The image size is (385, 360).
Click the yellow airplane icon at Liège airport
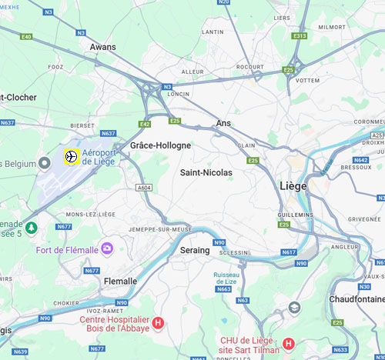[71, 157]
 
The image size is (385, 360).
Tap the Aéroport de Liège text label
[98, 157]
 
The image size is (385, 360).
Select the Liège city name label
[292, 186]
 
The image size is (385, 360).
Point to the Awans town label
[102, 47]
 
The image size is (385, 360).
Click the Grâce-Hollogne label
[160, 145]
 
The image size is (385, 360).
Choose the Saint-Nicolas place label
[206, 173]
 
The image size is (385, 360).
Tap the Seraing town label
[194, 250]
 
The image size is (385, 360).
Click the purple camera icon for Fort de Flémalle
[106, 248]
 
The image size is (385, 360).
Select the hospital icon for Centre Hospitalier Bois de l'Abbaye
[158, 324]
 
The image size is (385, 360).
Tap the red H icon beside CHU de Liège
[288, 343]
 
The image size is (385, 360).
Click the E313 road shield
[300, 35]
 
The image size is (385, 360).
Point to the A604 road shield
[143, 187]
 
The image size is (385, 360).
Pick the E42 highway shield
[145, 124]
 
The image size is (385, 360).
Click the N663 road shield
[224, 289]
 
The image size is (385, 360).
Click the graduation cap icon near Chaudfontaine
[293, 307]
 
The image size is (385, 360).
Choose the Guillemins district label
[295, 215]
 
